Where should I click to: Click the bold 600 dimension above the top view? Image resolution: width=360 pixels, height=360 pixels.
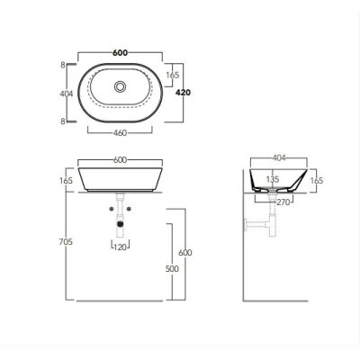[x=120, y=52]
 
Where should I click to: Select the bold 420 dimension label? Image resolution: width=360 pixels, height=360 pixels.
[x=183, y=93]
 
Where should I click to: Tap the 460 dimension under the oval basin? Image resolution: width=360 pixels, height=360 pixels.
[x=120, y=133]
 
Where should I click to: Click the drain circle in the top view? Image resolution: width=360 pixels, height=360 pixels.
[x=120, y=86]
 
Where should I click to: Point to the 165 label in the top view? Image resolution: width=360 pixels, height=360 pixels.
[x=173, y=75]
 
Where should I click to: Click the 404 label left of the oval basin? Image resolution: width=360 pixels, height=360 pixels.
[x=67, y=94]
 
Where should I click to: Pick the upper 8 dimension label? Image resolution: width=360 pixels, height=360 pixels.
[x=63, y=65]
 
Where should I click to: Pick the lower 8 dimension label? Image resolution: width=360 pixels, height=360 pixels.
[x=63, y=121]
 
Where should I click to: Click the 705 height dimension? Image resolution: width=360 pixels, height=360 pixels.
[x=66, y=241]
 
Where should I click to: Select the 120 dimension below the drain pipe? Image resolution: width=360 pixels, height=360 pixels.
[x=121, y=247]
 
